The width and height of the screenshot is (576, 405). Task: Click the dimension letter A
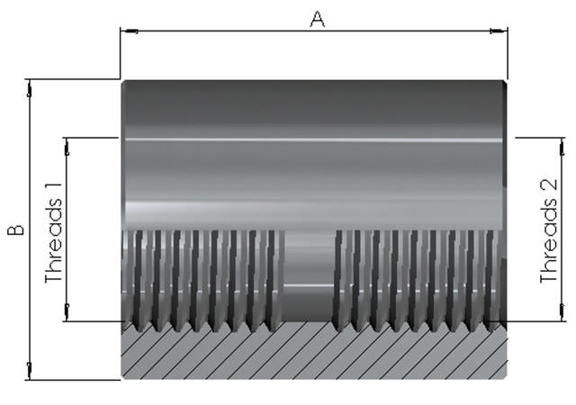tap(317, 18)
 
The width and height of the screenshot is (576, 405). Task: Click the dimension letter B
tap(15, 230)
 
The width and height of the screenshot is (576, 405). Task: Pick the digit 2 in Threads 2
tap(549, 187)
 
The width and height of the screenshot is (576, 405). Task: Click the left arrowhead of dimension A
tap(128, 31)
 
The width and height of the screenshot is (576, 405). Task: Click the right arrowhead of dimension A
tap(499, 31)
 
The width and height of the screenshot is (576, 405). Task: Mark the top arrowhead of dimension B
tap(30, 87)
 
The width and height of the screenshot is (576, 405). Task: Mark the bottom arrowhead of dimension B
tap(30, 371)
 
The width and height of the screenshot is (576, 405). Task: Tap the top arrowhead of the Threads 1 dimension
tap(67, 144)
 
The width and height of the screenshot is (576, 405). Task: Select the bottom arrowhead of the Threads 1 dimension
tap(67, 315)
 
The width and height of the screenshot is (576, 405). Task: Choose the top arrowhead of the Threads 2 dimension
tap(562, 144)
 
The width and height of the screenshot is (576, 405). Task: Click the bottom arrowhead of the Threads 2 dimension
tap(562, 315)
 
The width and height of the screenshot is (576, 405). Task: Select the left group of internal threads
tap(202, 274)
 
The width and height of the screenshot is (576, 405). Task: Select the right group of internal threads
tap(418, 274)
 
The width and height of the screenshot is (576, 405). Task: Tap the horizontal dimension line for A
tap(225, 31)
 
